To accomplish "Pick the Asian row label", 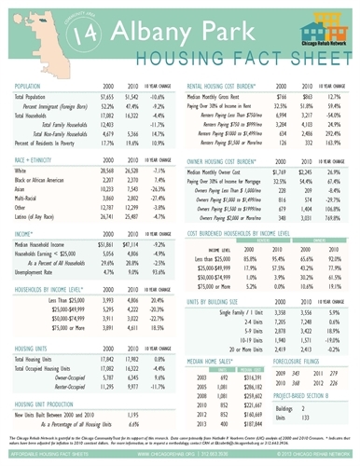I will pos(21,192).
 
